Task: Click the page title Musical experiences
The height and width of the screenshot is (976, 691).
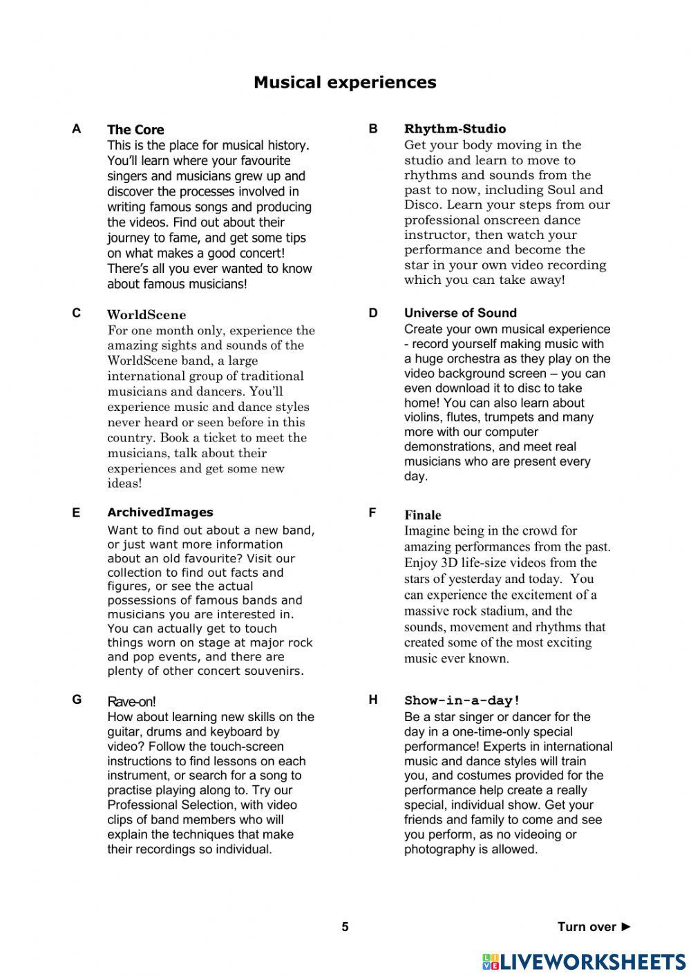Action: pos(345,82)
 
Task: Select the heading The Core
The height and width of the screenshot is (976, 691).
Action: pos(135,130)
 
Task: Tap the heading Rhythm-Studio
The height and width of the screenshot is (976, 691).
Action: pos(455,128)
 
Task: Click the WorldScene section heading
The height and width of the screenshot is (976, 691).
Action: pos(146,315)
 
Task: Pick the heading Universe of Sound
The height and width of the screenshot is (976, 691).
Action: pos(460,313)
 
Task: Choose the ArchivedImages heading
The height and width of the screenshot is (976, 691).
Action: pos(160,513)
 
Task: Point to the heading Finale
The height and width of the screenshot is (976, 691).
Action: pos(422,515)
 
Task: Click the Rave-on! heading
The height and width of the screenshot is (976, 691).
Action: pos(131,702)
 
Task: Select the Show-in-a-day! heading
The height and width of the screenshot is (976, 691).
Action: pos(462,700)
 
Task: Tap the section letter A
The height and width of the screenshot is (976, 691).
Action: pos(76,129)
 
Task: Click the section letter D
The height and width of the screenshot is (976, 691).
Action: pos(373,313)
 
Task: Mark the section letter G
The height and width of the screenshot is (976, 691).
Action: pos(77,700)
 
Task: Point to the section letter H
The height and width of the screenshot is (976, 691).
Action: pos(373,700)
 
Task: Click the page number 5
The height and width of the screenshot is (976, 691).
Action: pos(345,927)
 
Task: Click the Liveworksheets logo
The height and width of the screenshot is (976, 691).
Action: pos(583,961)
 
